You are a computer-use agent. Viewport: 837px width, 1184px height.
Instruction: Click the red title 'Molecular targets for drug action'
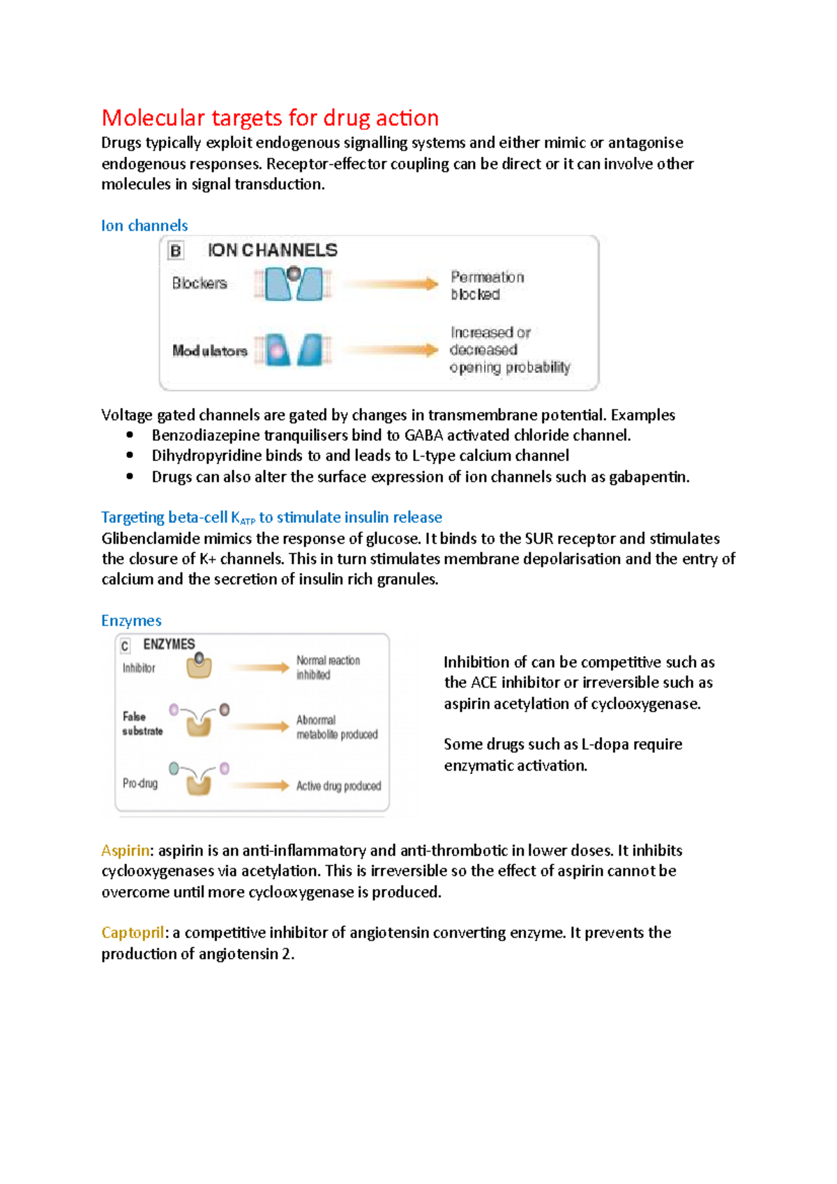(270, 118)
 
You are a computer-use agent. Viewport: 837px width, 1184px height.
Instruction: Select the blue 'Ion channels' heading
(144, 225)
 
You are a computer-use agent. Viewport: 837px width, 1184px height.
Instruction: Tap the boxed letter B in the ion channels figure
(176, 251)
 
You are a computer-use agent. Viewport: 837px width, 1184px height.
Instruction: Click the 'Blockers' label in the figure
(199, 283)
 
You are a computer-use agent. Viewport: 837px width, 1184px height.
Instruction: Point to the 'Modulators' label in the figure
(210, 351)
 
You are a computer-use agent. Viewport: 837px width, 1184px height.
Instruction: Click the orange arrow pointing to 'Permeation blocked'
(391, 284)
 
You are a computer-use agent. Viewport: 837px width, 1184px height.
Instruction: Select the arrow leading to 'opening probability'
(391, 350)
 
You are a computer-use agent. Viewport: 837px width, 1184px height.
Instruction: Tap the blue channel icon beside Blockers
(294, 283)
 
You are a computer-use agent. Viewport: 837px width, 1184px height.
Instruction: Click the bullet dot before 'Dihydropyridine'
(130, 455)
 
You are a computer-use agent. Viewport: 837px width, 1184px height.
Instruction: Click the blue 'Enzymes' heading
(131, 621)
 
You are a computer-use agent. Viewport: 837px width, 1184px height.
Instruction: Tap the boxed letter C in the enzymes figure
(125, 646)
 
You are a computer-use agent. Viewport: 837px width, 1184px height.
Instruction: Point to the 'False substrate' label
(142, 724)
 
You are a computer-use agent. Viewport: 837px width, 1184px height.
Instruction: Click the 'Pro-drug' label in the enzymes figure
(140, 784)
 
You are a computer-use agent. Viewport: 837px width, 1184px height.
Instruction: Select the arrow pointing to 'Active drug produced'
(259, 785)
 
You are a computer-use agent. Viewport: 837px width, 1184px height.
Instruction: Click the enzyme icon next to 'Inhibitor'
(199, 666)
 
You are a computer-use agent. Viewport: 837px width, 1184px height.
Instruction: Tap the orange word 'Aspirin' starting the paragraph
(126, 851)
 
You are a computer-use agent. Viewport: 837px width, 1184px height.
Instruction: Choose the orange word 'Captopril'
(133, 933)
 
